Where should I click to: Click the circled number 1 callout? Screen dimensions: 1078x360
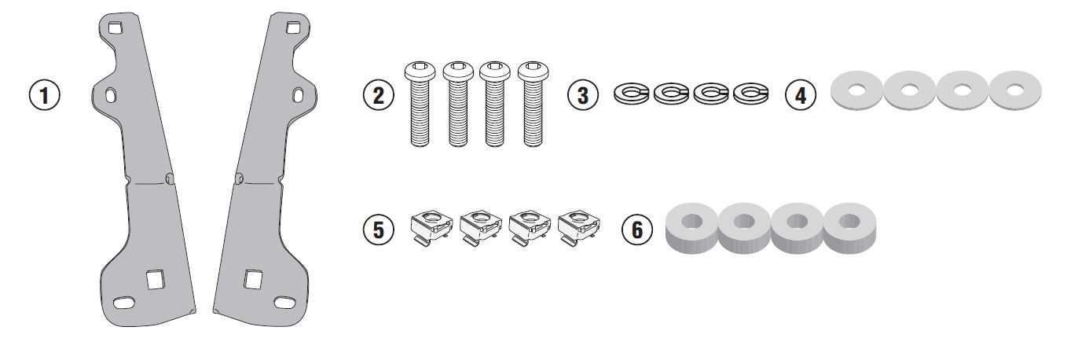click(x=45, y=95)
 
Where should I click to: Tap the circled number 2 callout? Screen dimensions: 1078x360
click(x=379, y=95)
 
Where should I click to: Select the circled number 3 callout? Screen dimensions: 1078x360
click(x=583, y=95)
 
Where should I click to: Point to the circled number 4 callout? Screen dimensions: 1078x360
click(x=801, y=95)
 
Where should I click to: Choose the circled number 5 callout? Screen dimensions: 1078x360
click(x=379, y=229)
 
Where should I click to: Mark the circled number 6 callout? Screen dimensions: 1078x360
click(x=637, y=229)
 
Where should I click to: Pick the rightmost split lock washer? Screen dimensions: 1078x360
click(x=751, y=93)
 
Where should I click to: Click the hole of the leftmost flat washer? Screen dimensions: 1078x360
click(x=857, y=90)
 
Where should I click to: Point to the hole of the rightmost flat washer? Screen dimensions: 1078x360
click(x=1015, y=90)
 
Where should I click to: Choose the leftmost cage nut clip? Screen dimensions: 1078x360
click(x=431, y=226)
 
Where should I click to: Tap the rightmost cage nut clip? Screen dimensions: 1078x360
click(x=579, y=226)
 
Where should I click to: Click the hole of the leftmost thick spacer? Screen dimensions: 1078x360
click(x=692, y=222)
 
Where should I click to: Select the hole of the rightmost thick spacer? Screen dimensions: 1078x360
click(x=849, y=222)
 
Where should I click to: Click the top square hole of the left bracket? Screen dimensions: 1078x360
click(x=115, y=28)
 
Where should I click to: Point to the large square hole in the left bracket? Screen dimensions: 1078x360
click(x=156, y=280)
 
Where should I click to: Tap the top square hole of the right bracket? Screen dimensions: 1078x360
click(x=293, y=28)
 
